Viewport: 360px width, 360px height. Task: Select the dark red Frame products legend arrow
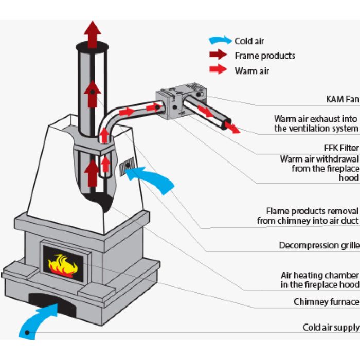(x=218, y=55)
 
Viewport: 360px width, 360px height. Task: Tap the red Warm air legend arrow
(x=218, y=70)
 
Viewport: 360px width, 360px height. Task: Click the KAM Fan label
(x=343, y=99)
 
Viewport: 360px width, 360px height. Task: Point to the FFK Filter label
(x=341, y=147)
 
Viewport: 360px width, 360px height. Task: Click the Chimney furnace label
(x=326, y=301)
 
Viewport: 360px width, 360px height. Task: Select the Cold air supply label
(x=331, y=327)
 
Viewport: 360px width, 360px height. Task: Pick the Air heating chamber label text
(x=319, y=280)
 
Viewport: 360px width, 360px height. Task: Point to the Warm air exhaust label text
(x=316, y=123)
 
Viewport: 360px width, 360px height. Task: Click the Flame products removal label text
(x=308, y=215)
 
